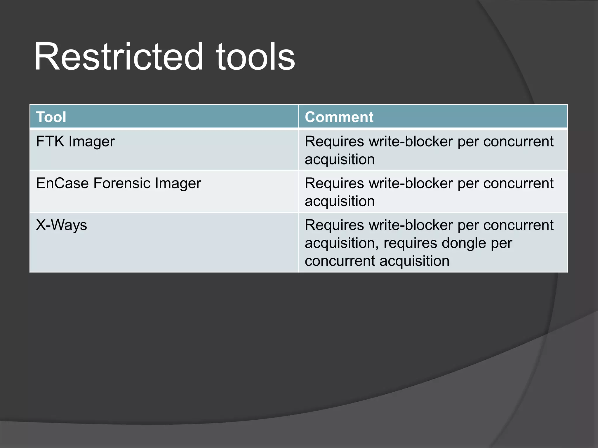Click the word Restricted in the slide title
pyautogui.click(x=118, y=57)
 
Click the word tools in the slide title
pyautogui.click(x=255, y=57)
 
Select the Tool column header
pyautogui.click(x=51, y=117)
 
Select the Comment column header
pyautogui.click(x=339, y=117)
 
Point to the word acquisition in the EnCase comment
pyautogui.click(x=340, y=202)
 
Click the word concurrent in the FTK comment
pyautogui.click(x=518, y=142)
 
